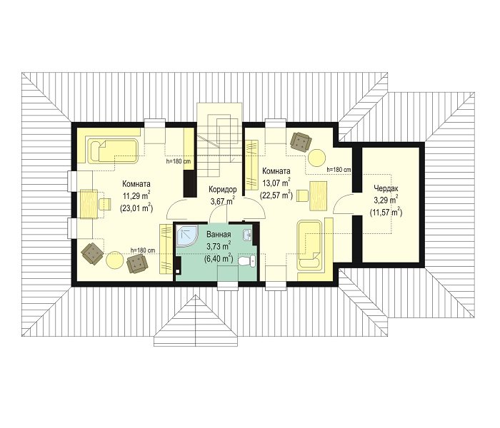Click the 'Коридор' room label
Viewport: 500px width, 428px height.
point(223,190)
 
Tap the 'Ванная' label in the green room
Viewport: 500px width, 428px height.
point(219,235)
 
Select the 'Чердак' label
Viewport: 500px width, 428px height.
point(386,188)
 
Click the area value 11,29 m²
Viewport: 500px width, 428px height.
point(137,195)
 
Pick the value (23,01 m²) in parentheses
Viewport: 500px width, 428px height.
point(137,208)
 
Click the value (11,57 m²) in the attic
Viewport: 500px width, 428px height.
point(386,212)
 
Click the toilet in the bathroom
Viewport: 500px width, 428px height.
point(248,261)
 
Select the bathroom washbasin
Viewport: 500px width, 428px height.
point(248,235)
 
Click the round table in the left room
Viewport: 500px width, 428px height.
point(114,260)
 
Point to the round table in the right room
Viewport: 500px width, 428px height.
point(317,158)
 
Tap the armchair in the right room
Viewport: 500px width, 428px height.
point(301,141)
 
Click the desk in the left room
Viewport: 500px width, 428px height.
point(89,204)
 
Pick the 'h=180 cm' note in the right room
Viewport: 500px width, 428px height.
point(339,170)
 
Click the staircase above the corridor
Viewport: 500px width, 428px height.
point(219,140)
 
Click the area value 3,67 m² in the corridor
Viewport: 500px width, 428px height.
point(223,201)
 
